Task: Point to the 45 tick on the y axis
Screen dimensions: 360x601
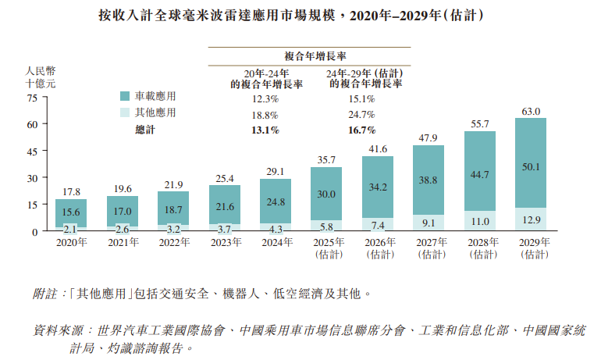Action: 32,151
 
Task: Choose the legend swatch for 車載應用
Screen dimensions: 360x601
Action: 124,96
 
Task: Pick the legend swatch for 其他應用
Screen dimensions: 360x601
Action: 124,112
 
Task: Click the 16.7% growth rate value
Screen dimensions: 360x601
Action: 362,130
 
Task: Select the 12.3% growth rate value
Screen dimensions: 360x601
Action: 265,99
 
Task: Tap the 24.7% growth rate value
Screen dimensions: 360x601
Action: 362,115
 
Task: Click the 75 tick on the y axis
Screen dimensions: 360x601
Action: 32,98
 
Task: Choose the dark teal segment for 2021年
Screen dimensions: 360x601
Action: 123,211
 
